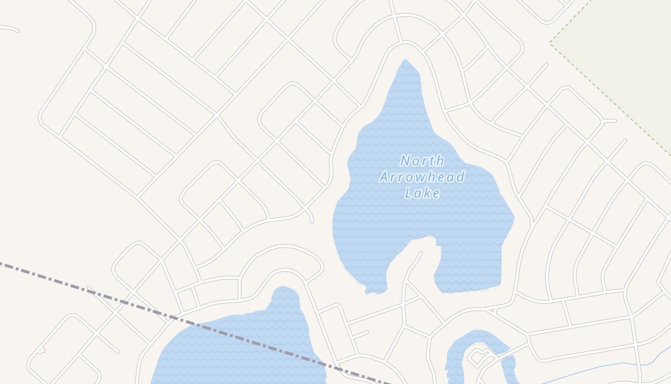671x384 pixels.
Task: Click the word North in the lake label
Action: click(422, 161)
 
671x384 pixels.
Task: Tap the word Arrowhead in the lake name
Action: click(422, 177)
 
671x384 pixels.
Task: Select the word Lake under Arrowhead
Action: click(422, 193)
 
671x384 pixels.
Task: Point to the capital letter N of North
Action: click(406, 161)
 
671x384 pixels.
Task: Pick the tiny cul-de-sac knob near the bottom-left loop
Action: click(40, 351)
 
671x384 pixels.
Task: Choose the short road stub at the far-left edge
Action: click(10, 28)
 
